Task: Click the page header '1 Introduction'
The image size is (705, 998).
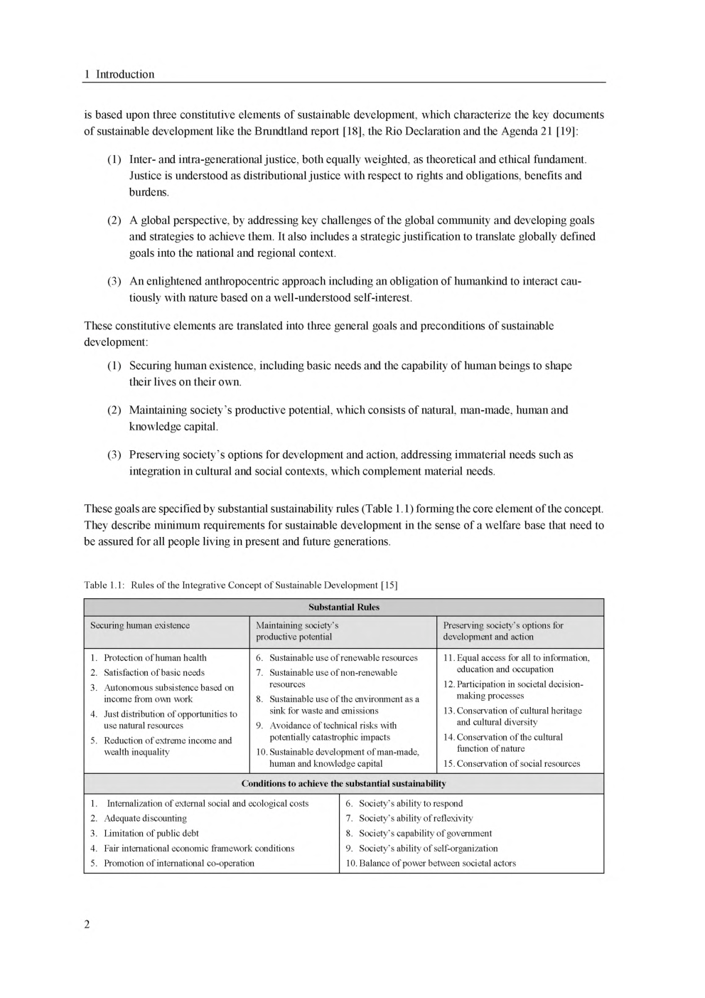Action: [119, 74]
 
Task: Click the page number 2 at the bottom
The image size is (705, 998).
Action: [87, 924]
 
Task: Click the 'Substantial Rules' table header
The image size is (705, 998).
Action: [344, 607]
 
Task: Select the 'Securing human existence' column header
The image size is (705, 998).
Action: [140, 625]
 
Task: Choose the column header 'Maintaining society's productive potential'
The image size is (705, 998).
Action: [297, 631]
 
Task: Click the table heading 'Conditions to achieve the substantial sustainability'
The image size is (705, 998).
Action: [344, 783]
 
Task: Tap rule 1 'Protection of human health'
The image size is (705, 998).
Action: [155, 657]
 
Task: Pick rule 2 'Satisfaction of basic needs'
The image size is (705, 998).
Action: [154, 672]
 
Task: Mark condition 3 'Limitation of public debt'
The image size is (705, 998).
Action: [151, 833]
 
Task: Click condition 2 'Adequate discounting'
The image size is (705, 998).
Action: [145, 818]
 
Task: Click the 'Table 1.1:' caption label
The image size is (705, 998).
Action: [104, 585]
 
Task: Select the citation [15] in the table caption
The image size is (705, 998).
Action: [389, 585]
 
